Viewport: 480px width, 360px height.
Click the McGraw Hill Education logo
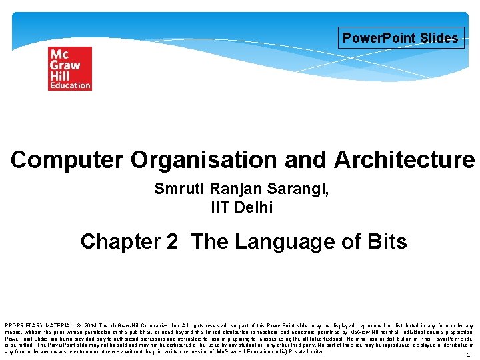pos(69,68)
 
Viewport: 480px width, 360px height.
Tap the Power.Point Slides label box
pos(400,38)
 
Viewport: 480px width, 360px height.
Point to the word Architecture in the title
pos(405,160)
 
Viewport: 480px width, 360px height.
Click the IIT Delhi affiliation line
pos(241,207)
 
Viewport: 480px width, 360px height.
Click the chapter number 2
pos(173,241)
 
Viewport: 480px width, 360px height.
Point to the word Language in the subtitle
pos(284,241)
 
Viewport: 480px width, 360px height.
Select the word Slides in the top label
pos(439,38)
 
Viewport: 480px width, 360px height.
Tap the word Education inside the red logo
pos(69,85)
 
